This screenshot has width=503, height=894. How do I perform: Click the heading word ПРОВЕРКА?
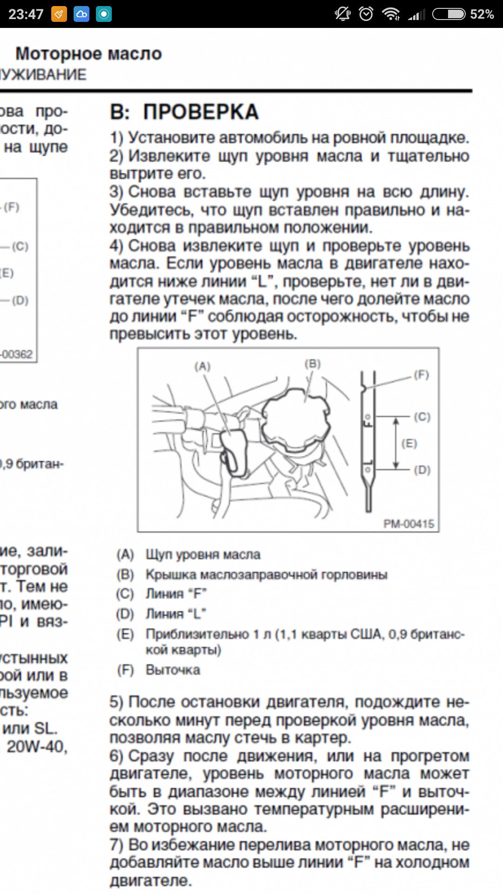201,112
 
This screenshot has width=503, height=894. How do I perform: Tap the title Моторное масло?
88,54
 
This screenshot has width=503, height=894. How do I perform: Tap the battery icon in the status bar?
449,14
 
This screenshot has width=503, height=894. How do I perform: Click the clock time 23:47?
26,14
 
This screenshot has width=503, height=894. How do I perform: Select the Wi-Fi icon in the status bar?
390,14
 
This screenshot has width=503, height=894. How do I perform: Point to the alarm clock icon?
366,14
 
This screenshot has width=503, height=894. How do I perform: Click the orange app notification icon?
59,14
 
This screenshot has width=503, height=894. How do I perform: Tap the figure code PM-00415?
408,524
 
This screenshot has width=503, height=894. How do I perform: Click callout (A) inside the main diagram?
203,366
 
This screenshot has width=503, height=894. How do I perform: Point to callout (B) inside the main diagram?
313,364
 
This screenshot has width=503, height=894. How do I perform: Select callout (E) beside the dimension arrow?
409,443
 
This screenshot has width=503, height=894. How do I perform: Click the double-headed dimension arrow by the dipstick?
396,443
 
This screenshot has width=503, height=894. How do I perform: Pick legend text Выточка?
173,670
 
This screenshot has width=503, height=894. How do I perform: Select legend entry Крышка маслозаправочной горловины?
266,575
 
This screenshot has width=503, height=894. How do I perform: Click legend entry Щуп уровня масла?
203,555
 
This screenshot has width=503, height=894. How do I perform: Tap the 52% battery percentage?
482,14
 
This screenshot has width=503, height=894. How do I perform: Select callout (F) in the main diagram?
421,375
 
